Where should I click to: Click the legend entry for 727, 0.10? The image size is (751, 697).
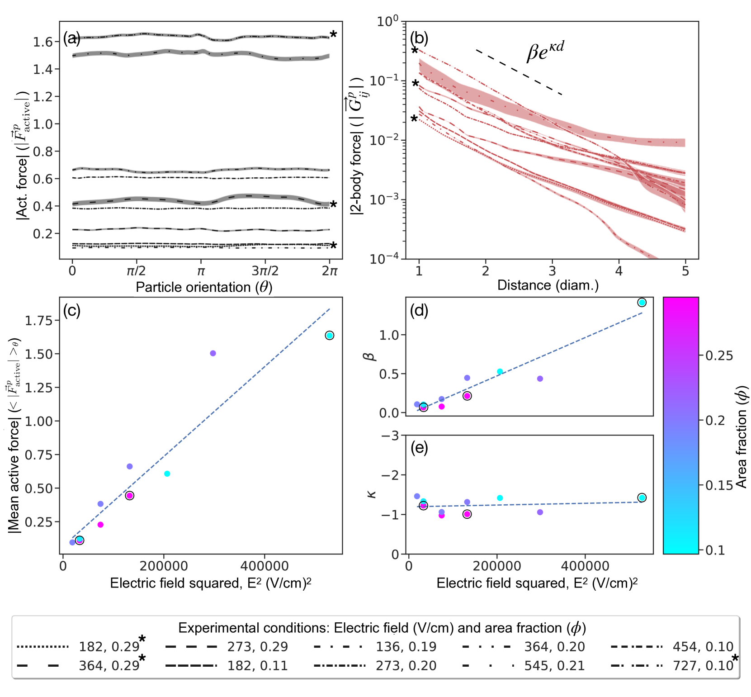[x=703, y=665]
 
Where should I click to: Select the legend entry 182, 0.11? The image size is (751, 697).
[x=257, y=665]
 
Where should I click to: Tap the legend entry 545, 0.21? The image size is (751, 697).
[x=554, y=665]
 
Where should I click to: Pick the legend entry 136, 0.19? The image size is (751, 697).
[x=406, y=646]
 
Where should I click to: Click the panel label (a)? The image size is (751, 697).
[x=72, y=38]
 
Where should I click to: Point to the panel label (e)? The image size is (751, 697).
[x=419, y=448]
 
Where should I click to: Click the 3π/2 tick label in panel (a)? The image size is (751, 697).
[x=265, y=271]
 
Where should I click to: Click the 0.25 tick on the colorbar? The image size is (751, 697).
[x=719, y=356]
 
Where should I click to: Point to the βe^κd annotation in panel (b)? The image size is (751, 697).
[x=545, y=52]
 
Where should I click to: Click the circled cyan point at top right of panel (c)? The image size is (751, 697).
[x=330, y=335]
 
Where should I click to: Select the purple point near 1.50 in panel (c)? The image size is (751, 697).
[x=213, y=353]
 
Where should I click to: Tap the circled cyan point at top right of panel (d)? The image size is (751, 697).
[x=642, y=303]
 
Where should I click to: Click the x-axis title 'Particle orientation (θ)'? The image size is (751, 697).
[x=204, y=287]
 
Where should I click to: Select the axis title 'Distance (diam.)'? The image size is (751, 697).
[x=548, y=285]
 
